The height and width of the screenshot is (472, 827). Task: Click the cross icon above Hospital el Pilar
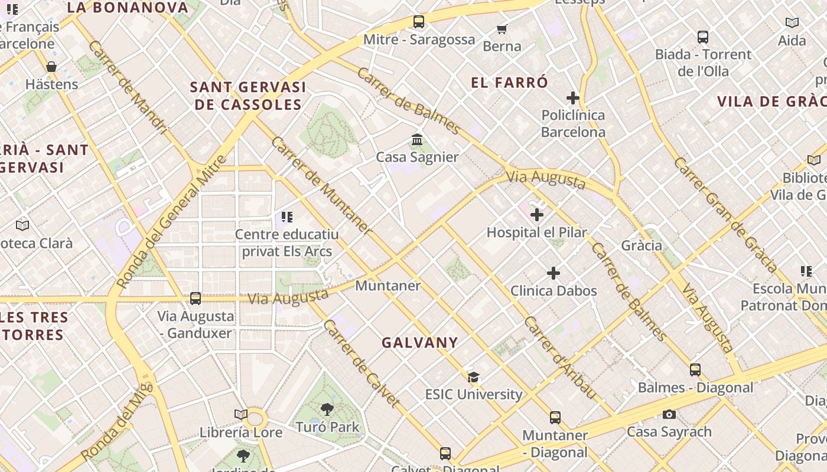click(537, 215)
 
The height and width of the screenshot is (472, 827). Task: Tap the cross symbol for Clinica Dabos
click(553, 273)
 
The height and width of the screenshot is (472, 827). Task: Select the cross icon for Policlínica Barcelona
click(572, 98)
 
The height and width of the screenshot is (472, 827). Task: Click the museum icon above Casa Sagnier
click(418, 140)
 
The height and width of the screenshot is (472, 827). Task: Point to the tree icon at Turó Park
click(327, 409)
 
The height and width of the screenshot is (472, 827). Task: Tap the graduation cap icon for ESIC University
click(473, 377)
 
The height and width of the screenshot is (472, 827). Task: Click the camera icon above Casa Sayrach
click(669, 414)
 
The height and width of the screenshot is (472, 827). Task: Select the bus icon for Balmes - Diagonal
click(695, 370)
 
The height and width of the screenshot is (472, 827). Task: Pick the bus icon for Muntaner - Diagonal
click(555, 418)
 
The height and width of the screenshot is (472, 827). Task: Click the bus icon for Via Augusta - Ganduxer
click(196, 299)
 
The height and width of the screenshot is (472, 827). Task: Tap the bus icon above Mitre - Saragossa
click(419, 22)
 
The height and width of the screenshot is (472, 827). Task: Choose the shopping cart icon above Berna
click(502, 29)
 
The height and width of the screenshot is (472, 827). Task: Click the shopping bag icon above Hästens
click(51, 67)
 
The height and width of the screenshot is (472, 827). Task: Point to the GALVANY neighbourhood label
click(420, 343)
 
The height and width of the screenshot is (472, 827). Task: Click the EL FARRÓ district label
click(510, 83)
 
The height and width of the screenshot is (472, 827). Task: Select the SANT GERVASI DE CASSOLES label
click(248, 96)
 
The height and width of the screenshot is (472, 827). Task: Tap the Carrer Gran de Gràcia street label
click(725, 215)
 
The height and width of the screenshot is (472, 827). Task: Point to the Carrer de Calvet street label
click(362, 363)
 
